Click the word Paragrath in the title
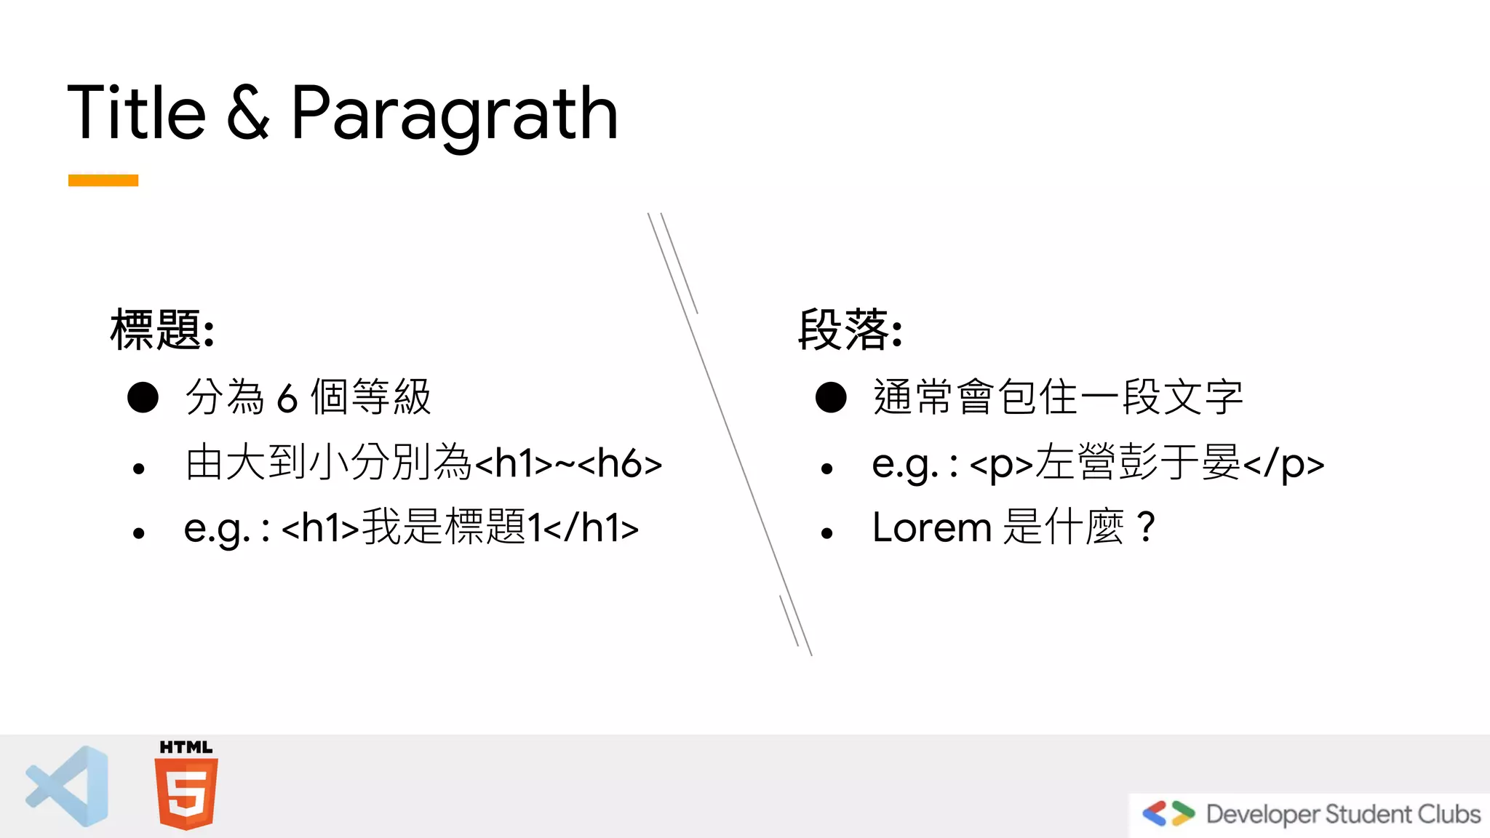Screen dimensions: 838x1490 [454, 113]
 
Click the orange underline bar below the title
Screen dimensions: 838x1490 [103, 180]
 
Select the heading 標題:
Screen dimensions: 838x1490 [162, 330]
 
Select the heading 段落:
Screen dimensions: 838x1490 [850, 330]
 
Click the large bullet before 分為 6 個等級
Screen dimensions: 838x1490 [143, 397]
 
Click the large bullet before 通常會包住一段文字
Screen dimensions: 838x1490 [831, 397]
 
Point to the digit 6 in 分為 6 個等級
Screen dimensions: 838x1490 [287, 399]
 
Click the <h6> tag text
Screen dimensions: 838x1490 [620, 463]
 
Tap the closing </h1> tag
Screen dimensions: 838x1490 [591, 528]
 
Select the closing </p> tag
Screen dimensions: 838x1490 [1283, 464]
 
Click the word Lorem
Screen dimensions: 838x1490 [931, 527]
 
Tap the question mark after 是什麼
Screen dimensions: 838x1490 [1145, 527]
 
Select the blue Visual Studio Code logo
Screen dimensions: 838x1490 [68, 786]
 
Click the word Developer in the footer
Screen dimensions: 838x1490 [1262, 814]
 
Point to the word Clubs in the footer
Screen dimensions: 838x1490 [1449, 813]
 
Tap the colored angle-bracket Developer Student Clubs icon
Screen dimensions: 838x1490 [1168, 813]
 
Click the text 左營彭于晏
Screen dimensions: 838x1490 [1138, 463]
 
